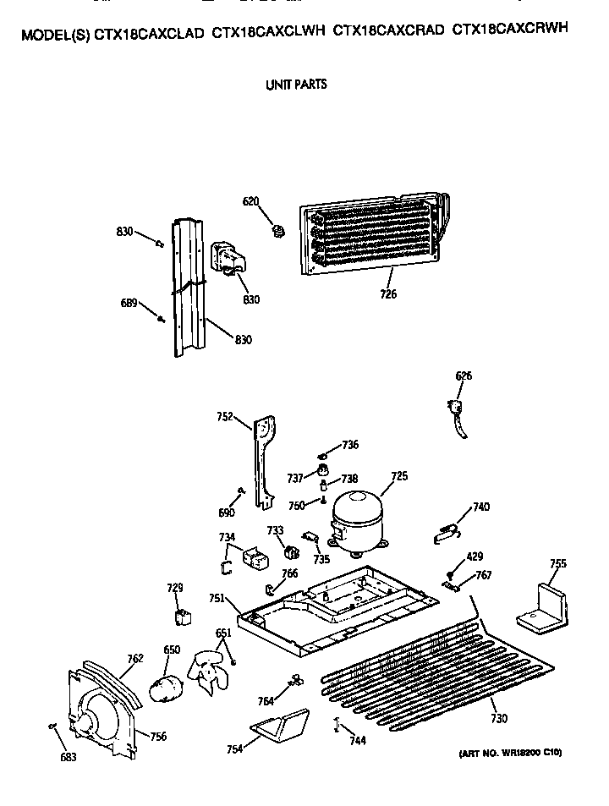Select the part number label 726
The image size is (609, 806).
(x=388, y=294)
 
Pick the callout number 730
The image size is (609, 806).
(x=498, y=719)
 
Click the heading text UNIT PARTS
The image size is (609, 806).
(x=296, y=85)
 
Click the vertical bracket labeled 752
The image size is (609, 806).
(x=264, y=461)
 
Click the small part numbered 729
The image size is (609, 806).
(x=179, y=617)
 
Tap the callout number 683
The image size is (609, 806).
(x=68, y=757)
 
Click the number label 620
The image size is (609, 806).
(x=250, y=201)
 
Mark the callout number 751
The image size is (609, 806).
(x=217, y=598)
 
